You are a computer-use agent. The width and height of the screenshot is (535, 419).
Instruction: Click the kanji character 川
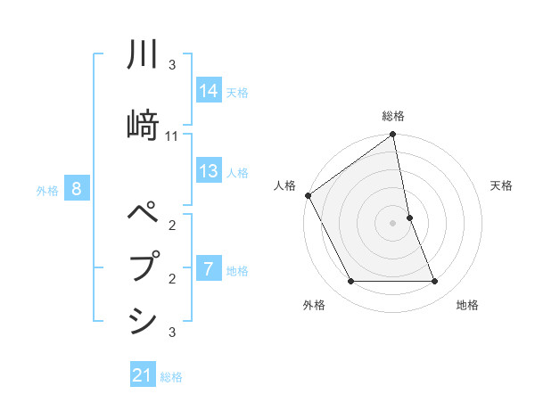[144, 56]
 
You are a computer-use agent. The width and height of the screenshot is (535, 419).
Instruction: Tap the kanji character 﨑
[144, 121]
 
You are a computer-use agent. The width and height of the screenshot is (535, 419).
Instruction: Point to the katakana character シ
[144, 319]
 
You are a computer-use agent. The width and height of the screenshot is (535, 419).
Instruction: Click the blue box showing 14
[208, 92]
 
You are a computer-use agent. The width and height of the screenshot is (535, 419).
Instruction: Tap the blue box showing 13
[208, 172]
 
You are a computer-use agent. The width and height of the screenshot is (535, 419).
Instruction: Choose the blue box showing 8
[78, 189]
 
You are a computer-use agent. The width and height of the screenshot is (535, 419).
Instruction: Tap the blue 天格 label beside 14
[237, 93]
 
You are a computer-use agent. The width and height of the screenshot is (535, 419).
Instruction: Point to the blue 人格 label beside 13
[237, 173]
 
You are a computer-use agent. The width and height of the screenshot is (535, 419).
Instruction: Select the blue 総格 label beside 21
[171, 377]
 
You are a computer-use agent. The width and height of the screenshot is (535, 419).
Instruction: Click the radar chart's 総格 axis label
[393, 116]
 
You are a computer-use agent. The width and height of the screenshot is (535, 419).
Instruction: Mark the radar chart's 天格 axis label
[502, 185]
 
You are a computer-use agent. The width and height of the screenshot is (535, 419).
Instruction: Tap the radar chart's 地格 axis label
[467, 305]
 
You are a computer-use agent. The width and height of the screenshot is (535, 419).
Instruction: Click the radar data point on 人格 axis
[308, 195]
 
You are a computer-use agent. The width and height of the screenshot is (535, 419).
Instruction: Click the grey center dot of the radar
[393, 223]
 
